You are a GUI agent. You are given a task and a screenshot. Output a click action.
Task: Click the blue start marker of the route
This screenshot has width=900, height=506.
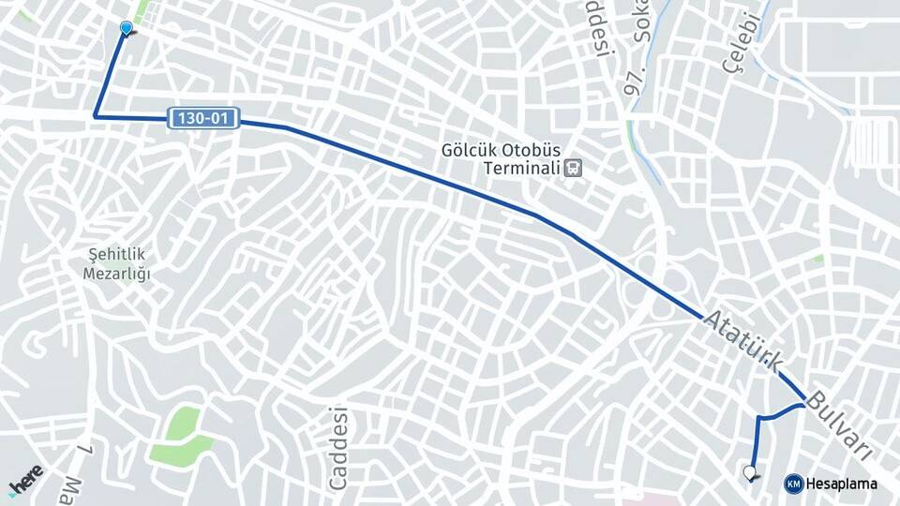126,29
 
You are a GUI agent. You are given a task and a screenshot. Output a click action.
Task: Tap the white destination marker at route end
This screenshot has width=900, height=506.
749,472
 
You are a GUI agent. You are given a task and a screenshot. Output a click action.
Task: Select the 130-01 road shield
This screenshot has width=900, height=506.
204,118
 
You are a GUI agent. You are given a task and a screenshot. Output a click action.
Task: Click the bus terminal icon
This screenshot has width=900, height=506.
573,169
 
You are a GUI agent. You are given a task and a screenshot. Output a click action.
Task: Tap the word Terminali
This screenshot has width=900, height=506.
520,169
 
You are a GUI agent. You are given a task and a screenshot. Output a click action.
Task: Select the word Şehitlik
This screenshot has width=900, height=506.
119,255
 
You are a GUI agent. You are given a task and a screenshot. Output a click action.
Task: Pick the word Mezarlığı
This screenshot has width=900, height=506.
119,274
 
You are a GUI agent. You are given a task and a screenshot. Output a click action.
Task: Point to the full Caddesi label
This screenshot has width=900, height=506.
338,449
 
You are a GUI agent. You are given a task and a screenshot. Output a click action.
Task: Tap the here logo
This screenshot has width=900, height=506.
25,480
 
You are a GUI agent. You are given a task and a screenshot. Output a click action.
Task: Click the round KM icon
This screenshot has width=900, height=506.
793,484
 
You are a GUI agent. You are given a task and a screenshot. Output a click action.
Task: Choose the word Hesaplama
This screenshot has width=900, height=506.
841,484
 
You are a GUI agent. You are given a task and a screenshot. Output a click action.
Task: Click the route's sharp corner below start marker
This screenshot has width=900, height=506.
95,116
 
